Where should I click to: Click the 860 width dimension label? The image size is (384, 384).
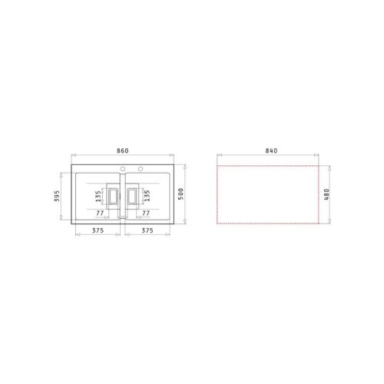123,151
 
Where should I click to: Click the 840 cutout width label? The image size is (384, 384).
271,151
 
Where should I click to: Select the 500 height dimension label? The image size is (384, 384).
180,194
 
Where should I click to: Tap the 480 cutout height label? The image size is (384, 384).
326,194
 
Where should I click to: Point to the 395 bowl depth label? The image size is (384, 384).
57,196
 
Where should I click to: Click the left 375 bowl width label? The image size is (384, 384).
98,230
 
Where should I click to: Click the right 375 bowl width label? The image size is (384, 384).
147,230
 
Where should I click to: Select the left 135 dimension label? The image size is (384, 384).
98,196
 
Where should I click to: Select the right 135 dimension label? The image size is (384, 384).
147,196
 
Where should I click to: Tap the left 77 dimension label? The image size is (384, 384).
100,213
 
